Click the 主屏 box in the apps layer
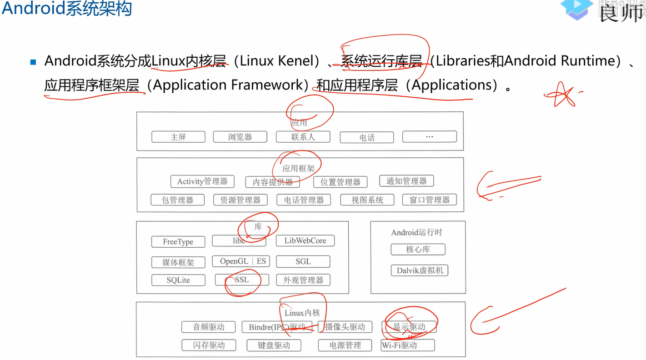point(178,137)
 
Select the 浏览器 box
point(240,137)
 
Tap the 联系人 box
point(303,137)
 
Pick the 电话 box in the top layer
point(367,137)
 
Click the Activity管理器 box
point(202,181)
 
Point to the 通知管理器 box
point(406,181)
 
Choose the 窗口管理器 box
point(429,200)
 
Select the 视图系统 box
point(367,200)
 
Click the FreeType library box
point(178,242)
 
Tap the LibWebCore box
point(305,241)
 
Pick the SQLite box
point(178,280)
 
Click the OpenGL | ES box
point(243,261)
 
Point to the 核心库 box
point(418,250)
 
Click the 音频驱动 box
point(209,327)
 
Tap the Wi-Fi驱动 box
point(408,345)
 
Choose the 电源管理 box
point(345,345)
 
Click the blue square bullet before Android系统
point(33,62)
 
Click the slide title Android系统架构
point(67,8)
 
